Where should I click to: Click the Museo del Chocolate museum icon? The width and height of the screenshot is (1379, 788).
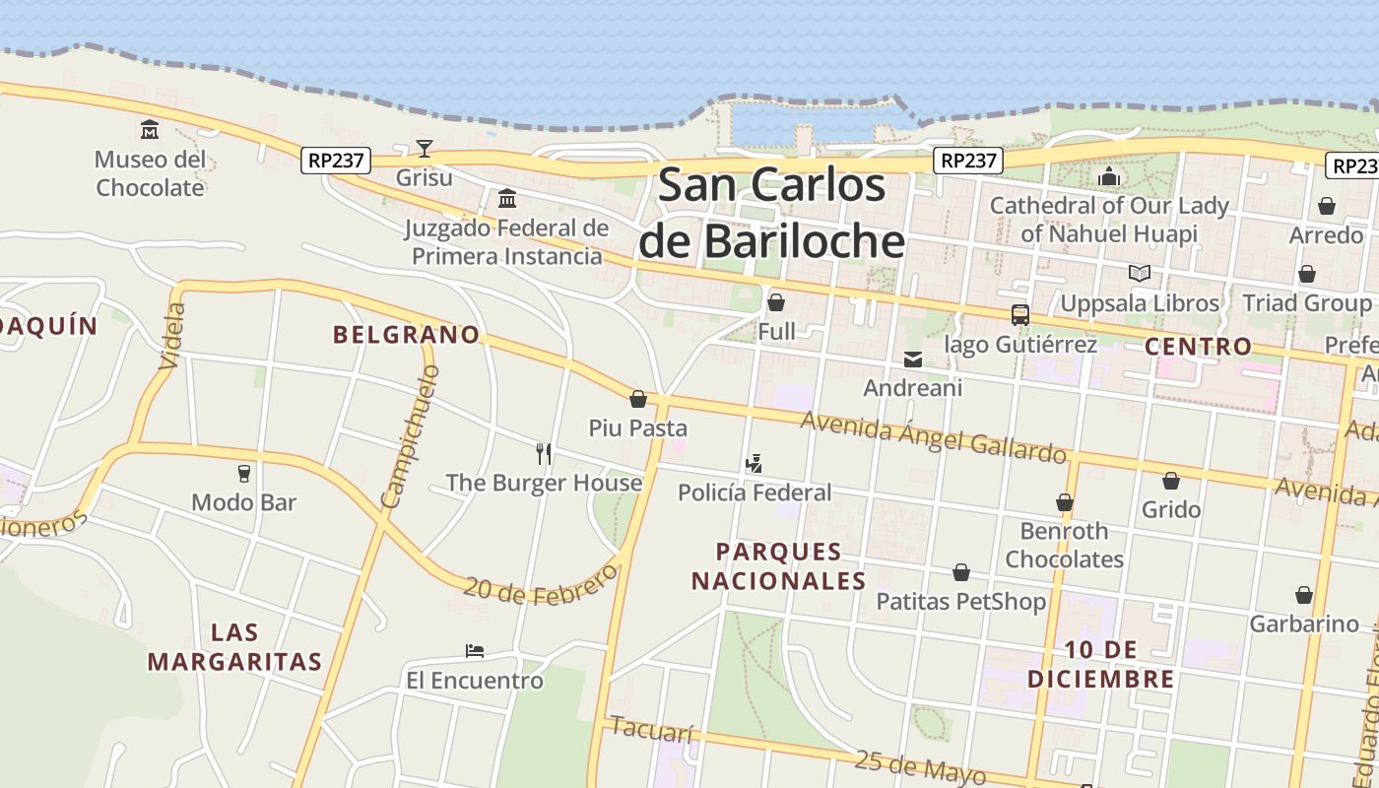point(150,129)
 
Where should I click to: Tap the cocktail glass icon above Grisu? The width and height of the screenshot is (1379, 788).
point(424,149)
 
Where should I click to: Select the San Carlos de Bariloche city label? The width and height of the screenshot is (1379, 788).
point(771,213)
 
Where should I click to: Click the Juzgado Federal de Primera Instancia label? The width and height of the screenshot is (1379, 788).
point(506,242)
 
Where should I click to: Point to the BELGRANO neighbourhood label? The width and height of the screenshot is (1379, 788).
point(406,335)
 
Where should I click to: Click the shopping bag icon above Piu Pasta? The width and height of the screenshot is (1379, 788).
point(638,399)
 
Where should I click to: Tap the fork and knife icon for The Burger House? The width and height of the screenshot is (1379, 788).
point(543,453)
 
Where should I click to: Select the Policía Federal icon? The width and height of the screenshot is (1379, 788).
point(755,463)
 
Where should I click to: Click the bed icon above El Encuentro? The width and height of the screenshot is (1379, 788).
point(474,651)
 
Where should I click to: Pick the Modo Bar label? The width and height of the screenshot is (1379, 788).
point(243,502)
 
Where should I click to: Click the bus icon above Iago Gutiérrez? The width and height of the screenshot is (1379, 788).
point(1019,315)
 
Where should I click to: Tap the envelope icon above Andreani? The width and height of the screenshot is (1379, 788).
point(913,360)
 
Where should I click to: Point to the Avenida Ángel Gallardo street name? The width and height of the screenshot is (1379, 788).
point(933,436)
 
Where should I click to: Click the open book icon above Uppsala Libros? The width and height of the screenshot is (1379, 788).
point(1139,273)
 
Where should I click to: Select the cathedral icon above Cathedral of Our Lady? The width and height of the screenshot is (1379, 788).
point(1109,177)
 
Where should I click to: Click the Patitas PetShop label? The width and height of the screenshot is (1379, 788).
point(960,601)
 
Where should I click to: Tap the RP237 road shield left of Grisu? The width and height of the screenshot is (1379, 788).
point(335,161)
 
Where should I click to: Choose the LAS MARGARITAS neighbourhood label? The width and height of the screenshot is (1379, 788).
point(235,646)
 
